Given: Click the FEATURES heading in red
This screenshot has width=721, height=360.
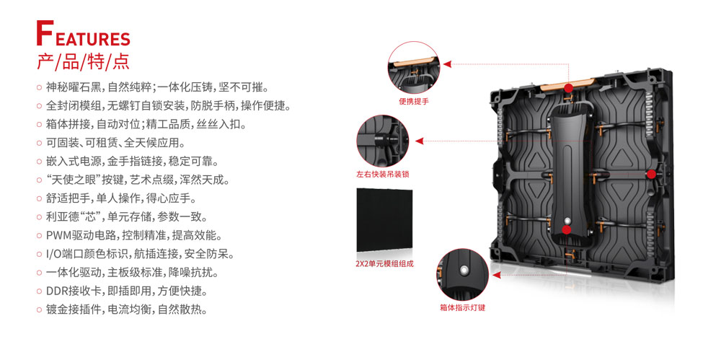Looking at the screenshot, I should point(83,36).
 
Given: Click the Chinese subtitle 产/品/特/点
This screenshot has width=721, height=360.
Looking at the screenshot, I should point(83,61).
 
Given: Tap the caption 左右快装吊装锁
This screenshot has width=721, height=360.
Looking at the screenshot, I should point(383,175).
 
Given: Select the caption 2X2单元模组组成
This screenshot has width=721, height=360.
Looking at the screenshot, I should point(384,264).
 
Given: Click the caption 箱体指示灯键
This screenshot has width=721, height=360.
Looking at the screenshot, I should point(462,307).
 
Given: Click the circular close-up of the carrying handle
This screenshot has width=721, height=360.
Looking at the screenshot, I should point(414,66).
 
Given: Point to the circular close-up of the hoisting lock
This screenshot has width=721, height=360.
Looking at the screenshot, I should point(382,140).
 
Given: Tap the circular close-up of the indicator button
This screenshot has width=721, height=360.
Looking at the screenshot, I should point(462,273).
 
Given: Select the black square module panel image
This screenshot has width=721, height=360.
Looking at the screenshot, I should point(384,219).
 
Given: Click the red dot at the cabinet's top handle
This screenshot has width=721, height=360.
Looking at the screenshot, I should point(569,89).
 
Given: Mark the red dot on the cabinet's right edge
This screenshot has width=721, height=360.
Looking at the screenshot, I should point(651,173).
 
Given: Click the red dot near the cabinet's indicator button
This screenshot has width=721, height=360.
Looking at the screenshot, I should point(567,229).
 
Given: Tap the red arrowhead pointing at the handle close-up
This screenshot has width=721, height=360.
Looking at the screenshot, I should point(447,64).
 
